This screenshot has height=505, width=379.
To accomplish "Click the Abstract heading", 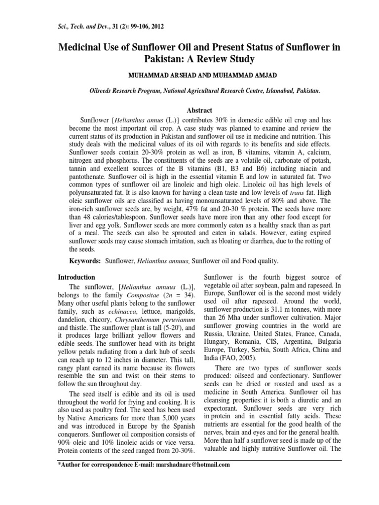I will (x=189, y=111).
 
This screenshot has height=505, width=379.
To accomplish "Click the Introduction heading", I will (x=77, y=277).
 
